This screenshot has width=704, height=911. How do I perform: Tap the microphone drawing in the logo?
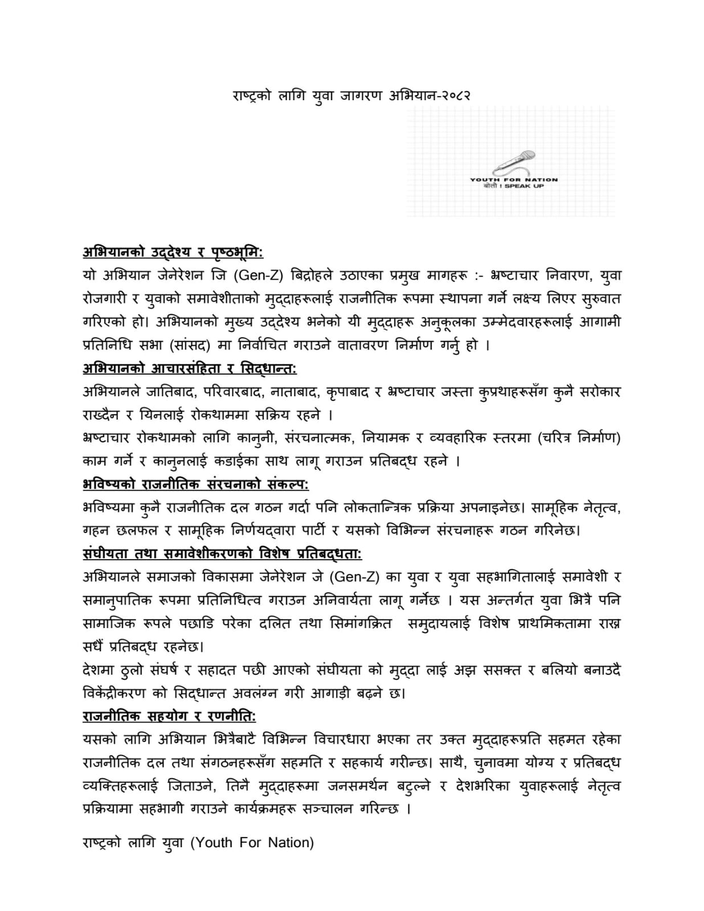point(516,162)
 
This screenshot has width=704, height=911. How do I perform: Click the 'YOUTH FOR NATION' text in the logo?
point(514,179)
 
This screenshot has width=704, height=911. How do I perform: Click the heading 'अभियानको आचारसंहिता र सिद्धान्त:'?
point(190,368)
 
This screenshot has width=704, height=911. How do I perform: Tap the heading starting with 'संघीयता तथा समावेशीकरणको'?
point(222,554)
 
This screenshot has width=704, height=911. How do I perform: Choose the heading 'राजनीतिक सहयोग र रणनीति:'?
point(169,716)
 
